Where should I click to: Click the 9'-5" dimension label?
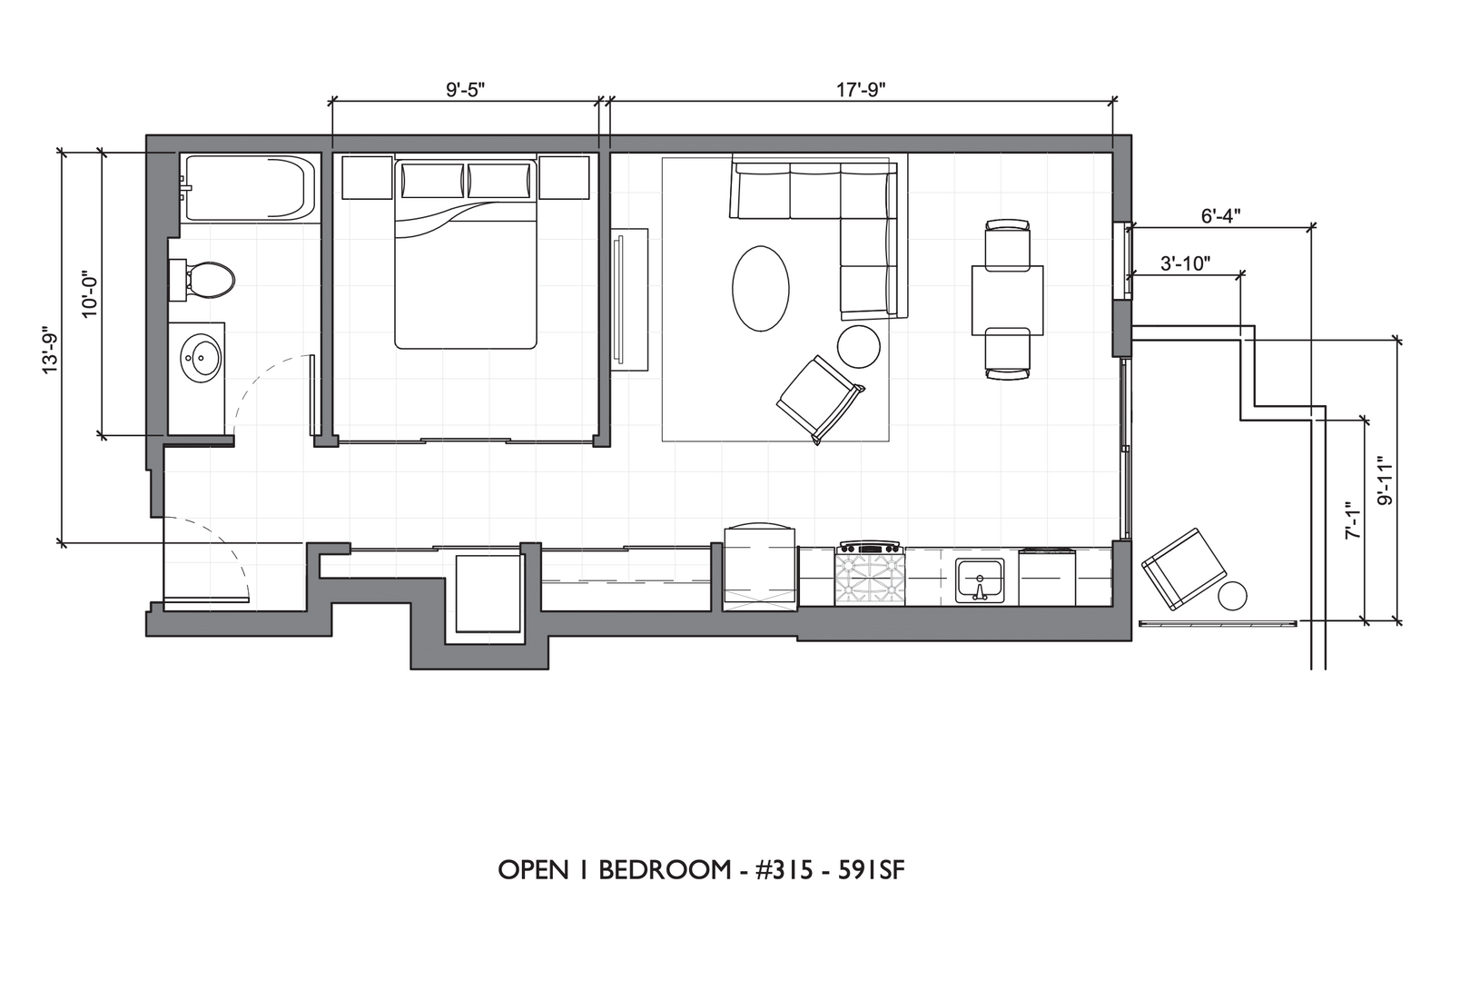pyautogui.click(x=466, y=89)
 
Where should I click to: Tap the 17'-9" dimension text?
pyautogui.click(x=861, y=89)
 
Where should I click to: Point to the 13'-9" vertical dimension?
pyautogui.click(x=51, y=350)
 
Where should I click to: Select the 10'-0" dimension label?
pyautogui.click(x=90, y=293)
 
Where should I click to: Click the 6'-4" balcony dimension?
pyautogui.click(x=1220, y=216)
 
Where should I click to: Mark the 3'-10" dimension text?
pyautogui.click(x=1186, y=263)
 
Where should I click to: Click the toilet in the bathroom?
pyautogui.click(x=202, y=280)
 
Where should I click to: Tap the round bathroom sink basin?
pyautogui.click(x=201, y=358)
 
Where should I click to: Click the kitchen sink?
pyautogui.click(x=980, y=580)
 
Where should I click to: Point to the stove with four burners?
pyautogui.click(x=870, y=574)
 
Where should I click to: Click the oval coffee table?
pyautogui.click(x=761, y=289)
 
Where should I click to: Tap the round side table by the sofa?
pyautogui.click(x=858, y=347)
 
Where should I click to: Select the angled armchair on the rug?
pyautogui.click(x=820, y=399)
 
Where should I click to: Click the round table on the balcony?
pyautogui.click(x=1232, y=596)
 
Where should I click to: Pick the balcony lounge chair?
pyautogui.click(x=1184, y=569)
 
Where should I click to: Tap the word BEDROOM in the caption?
pyautogui.click(x=665, y=870)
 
